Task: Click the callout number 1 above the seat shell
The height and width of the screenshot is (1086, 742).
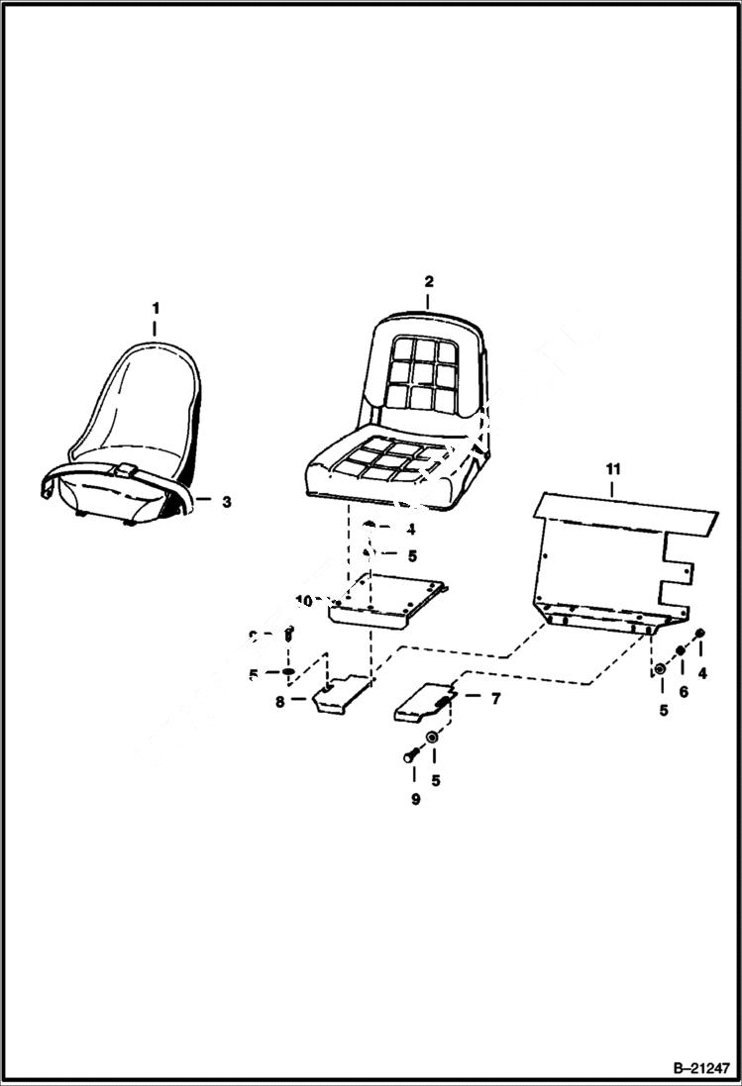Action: [155, 309]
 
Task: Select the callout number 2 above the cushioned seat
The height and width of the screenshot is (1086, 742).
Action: [428, 281]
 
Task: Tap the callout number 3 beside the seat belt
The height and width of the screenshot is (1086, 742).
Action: [226, 502]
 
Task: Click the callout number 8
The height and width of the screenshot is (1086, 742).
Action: [280, 701]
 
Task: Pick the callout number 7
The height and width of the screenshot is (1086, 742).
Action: [495, 698]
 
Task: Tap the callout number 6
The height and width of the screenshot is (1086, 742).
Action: [684, 692]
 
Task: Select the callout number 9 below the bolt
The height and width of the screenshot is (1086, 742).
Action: [415, 799]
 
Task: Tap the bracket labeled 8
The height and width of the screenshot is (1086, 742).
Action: [337, 693]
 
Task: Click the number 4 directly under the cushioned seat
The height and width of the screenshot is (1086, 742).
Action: [411, 530]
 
